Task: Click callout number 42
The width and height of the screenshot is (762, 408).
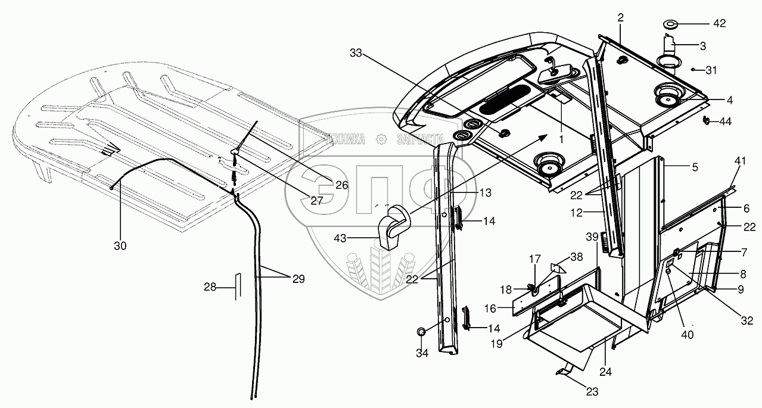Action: [x=720, y=24]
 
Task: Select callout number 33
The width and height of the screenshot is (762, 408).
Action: [x=356, y=53]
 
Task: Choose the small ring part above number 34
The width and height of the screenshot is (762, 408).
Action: [x=421, y=331]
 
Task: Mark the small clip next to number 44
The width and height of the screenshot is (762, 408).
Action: [x=707, y=121]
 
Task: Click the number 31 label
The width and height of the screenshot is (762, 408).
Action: [x=711, y=70]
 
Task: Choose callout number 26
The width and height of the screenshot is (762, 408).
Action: [x=341, y=185]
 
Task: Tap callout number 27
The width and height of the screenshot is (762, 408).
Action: [x=316, y=201]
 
